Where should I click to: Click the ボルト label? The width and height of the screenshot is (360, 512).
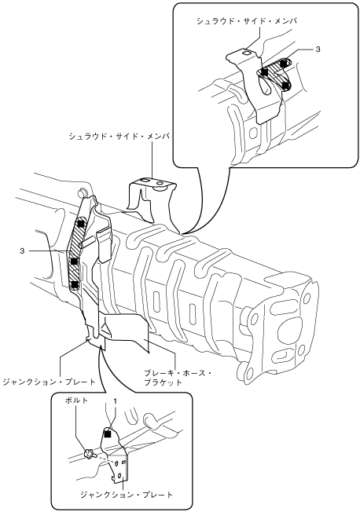[76, 400]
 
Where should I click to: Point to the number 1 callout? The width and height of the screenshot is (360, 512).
[116, 400]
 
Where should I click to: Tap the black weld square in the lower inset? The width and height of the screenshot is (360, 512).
[107, 434]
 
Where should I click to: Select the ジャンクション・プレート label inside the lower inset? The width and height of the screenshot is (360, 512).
[127, 495]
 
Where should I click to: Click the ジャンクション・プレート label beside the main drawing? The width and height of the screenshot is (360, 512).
[49, 382]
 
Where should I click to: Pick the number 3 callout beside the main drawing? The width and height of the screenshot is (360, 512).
[22, 251]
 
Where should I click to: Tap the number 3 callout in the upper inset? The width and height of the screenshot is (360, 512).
[318, 49]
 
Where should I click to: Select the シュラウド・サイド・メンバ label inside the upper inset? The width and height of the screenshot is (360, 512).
[247, 21]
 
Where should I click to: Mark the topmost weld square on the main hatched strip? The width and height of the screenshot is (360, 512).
[81, 224]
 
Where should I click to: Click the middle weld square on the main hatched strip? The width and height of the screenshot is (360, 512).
[75, 261]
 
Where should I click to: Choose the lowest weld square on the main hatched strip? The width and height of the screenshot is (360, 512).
[75, 285]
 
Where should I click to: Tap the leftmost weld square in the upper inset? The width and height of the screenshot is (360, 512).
[265, 71]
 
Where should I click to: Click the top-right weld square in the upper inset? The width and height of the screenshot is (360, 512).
[284, 62]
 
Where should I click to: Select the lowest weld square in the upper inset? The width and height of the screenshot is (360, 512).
[286, 86]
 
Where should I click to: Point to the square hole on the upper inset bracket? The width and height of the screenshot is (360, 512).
[247, 52]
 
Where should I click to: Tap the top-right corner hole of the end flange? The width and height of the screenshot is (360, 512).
[307, 298]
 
